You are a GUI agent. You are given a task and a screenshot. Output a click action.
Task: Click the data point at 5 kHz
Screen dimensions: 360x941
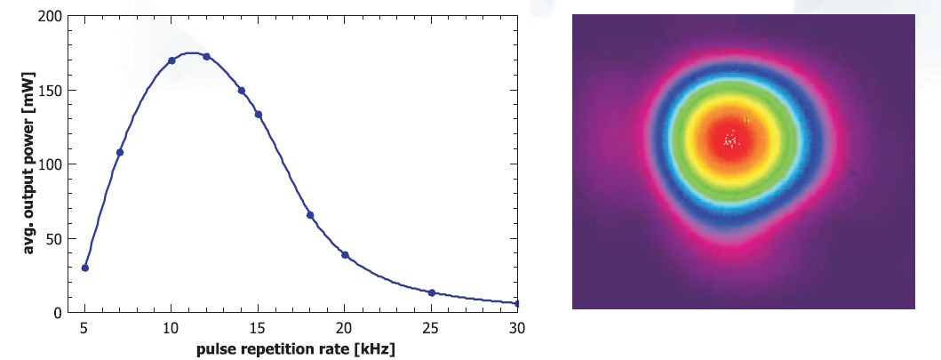pyautogui.click(x=85, y=268)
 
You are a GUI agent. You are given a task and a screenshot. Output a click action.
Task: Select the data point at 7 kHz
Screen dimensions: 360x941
pyautogui.click(x=120, y=152)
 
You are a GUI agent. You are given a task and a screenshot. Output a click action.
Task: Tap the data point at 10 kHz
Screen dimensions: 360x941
pyautogui.click(x=171, y=60)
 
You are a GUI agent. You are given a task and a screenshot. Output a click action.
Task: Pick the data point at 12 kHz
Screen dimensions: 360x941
pyautogui.click(x=206, y=57)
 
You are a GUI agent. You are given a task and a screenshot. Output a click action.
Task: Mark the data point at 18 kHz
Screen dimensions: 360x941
pyautogui.click(x=310, y=215)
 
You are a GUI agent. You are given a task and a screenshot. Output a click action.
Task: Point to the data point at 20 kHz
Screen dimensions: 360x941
pyautogui.click(x=345, y=255)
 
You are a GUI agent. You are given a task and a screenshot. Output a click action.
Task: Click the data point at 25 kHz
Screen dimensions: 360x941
pyautogui.click(x=431, y=292)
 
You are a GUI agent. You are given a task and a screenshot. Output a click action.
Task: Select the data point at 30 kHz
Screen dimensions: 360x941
pyautogui.click(x=517, y=304)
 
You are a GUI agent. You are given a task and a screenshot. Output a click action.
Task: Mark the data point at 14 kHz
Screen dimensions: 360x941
pyautogui.click(x=241, y=91)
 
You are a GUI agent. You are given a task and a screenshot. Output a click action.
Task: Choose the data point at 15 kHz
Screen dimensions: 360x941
pyautogui.click(x=259, y=115)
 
